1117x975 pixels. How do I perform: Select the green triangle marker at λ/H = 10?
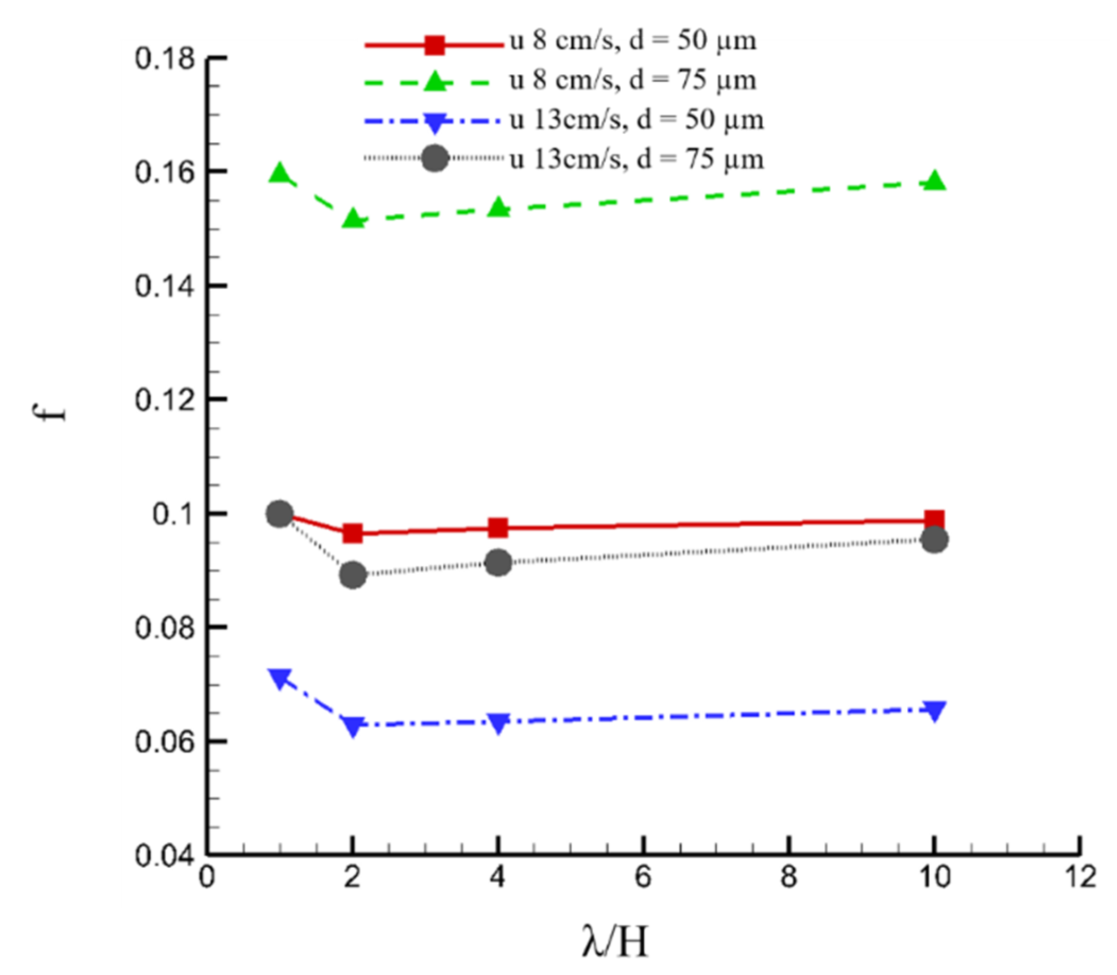(935, 181)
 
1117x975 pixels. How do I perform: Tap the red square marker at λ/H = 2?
(353, 533)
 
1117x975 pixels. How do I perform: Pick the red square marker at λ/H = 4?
(498, 528)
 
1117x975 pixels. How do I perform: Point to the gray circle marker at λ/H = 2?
(353, 575)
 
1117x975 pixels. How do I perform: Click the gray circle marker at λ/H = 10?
(935, 540)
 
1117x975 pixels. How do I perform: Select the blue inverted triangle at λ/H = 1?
(280, 678)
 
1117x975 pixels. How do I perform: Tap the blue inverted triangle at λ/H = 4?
(498, 722)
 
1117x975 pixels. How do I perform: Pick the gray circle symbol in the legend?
(435, 158)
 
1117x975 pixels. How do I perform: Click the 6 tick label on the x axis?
(643, 878)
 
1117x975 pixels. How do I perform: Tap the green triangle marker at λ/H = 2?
(353, 219)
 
